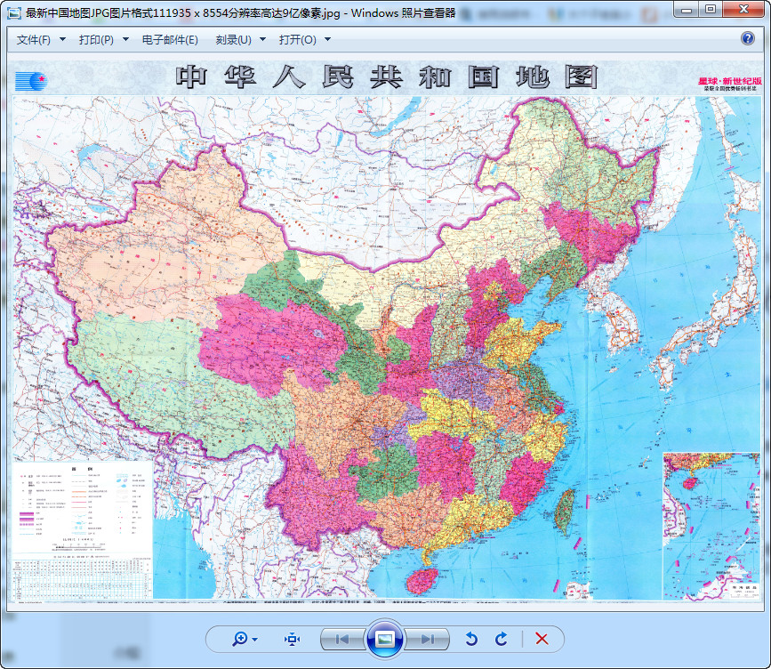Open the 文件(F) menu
(40, 40)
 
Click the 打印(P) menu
(102, 40)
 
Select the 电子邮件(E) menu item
(170, 40)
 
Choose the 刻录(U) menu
(239, 40)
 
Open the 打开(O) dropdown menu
(304, 40)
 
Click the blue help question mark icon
(748, 39)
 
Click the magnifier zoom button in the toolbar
(244, 639)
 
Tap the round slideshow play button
(384, 639)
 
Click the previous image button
(342, 639)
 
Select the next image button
(427, 639)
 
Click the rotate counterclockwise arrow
(472, 639)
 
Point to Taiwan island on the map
(563, 511)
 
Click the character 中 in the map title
(192, 77)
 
